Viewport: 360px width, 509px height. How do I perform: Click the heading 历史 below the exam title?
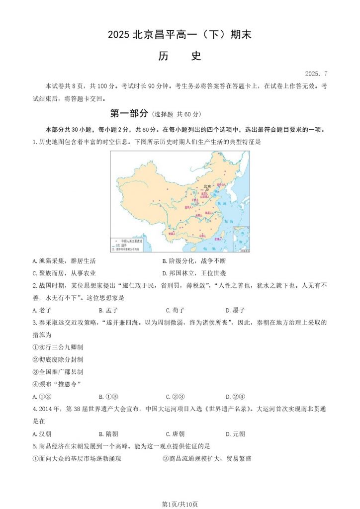180,56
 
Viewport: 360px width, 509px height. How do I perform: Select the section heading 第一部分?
129,113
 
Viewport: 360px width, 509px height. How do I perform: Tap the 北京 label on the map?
206,187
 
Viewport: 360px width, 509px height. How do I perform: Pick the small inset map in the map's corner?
242,239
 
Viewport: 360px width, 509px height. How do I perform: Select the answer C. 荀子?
175,310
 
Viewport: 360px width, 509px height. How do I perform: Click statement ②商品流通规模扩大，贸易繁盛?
207,458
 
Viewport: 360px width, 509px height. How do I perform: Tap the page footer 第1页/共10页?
180,504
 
